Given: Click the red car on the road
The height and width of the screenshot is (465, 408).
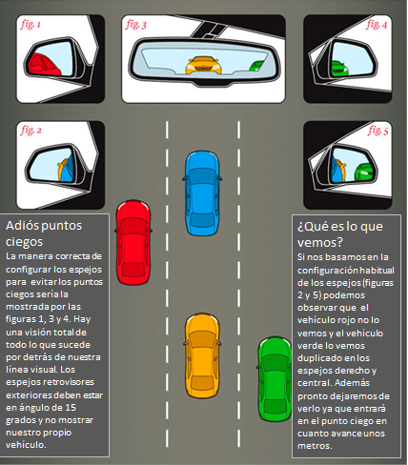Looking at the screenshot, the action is (x=133, y=242).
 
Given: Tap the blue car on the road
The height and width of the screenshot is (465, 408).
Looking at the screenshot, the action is (x=202, y=193).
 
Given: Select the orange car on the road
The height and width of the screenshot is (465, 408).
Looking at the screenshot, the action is (x=202, y=355).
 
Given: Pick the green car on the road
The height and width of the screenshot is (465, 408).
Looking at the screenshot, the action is (x=275, y=379).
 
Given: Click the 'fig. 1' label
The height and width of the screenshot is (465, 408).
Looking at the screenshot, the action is (x=31, y=25).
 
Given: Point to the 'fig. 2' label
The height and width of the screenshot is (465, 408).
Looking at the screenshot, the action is (x=31, y=131).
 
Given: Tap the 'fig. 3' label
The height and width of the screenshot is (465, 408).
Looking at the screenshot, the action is (x=136, y=25).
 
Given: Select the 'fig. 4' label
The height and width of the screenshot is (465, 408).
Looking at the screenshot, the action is (x=377, y=24).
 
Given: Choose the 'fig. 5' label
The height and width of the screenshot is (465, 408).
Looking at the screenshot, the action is (x=378, y=131).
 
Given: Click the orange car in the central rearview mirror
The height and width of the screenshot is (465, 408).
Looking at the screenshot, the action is (x=203, y=66).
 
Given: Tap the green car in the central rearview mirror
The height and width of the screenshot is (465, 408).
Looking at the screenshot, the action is (x=256, y=66).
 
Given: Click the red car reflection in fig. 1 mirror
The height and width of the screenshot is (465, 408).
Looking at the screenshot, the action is (x=44, y=65).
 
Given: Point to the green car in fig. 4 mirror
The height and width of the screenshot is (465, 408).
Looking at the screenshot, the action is (x=338, y=69).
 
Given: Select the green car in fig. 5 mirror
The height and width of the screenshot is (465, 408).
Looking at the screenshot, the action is (x=364, y=172).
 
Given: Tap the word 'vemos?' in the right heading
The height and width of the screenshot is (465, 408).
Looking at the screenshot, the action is (x=320, y=242).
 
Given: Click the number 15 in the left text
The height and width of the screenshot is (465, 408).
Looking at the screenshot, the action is (x=71, y=408).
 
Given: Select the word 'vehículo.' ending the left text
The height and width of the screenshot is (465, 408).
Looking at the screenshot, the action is (x=26, y=445).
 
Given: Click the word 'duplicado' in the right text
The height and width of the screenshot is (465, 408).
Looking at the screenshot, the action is (x=320, y=358).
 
